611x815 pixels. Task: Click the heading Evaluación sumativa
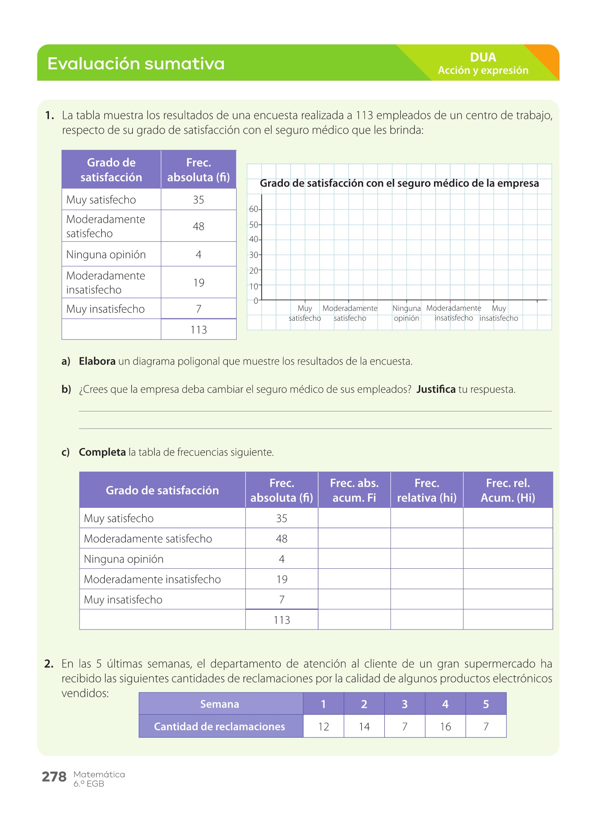pos(136,64)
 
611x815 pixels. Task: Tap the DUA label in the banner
pos(483,57)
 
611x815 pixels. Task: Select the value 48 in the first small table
pos(198,226)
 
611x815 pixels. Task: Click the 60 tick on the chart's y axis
pos(254,209)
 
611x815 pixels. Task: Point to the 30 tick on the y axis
pos(254,255)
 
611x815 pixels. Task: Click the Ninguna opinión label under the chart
pos(406,313)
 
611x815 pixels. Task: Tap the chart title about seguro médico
pos(399,183)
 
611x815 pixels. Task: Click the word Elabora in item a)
pos(97,361)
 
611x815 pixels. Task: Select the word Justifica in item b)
pos(436,389)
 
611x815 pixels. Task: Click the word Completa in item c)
pos(102,452)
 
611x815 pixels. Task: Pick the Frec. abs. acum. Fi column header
pos(354,490)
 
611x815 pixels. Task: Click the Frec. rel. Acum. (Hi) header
pos(508,490)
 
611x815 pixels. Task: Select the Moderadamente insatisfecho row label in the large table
pos(152,579)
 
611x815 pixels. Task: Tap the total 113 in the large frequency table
pos(282,620)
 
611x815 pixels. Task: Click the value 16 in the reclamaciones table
pos(445,727)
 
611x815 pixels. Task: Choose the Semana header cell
pos(220,704)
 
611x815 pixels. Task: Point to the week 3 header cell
pos(405,704)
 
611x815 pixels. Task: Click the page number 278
pos(54,777)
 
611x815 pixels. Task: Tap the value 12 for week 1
pos(323,727)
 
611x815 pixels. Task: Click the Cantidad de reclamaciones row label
pos(220,727)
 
